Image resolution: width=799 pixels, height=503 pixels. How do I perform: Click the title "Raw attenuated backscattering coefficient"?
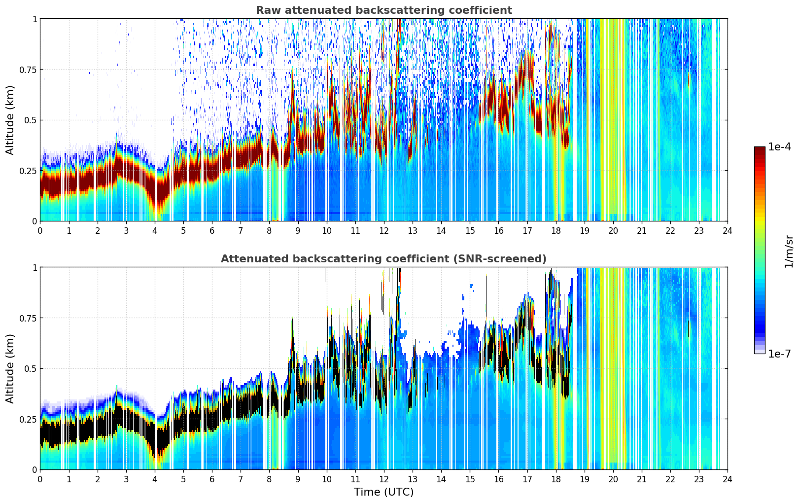point(384,10)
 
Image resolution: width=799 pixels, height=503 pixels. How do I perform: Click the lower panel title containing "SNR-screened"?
point(384,258)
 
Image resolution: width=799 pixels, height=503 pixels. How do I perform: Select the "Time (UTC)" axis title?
point(384,492)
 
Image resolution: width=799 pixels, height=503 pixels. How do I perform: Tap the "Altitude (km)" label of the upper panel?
point(10,120)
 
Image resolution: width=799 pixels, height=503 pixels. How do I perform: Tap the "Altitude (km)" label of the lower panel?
point(10,368)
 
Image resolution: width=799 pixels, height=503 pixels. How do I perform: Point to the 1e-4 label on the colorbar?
point(779,146)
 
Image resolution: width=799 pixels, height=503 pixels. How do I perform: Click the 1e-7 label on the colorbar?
point(779,354)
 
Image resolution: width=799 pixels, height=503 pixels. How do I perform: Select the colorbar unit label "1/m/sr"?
point(789,251)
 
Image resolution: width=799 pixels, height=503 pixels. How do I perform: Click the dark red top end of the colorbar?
point(760,148)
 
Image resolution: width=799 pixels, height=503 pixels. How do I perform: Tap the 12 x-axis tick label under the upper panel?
point(384,231)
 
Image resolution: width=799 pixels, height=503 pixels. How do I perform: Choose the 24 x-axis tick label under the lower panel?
point(728,479)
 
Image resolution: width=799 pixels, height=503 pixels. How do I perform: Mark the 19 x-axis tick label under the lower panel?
point(584,479)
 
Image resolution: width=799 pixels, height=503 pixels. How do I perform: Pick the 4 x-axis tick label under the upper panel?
point(154,231)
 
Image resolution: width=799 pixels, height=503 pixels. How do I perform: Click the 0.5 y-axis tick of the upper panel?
point(31,120)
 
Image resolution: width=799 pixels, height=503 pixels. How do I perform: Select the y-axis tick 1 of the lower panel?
point(35,268)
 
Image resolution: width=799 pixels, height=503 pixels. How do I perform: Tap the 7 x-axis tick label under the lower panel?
point(241,479)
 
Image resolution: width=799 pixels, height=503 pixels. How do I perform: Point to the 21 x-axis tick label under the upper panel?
point(642,231)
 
